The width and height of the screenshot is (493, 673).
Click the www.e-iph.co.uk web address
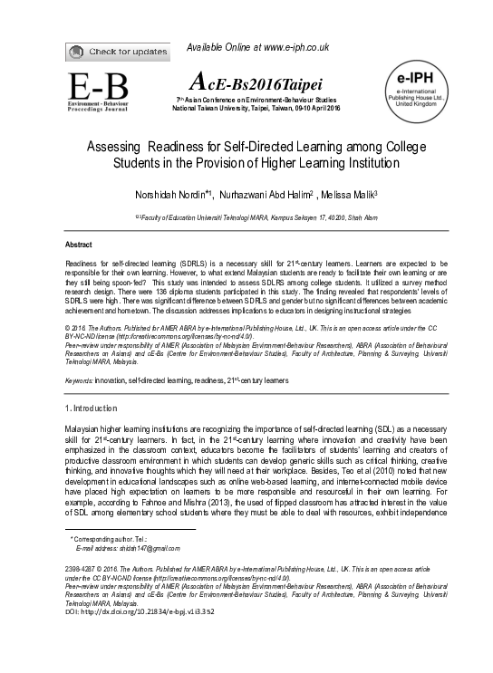pos(289,47)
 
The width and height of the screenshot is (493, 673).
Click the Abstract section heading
pos(78,245)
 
